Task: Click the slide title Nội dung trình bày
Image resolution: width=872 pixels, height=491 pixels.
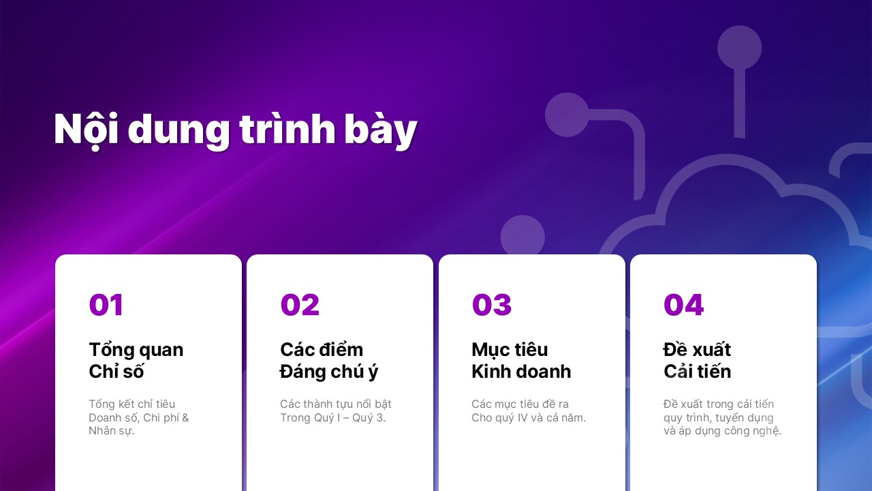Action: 236,130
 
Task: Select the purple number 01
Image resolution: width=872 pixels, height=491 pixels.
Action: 106,304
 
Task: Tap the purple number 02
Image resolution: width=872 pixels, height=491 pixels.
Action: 300,304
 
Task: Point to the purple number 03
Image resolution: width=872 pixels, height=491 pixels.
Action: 491,304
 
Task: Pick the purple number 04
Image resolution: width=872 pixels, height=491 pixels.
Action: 683,304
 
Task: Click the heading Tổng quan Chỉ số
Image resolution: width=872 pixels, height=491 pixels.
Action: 136,361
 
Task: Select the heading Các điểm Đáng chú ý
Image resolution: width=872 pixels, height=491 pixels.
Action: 329,361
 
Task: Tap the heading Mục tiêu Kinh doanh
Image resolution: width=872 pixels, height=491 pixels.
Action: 521,361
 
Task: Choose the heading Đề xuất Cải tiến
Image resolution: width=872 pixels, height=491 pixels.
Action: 697,361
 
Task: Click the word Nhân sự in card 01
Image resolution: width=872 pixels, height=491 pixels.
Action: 111,431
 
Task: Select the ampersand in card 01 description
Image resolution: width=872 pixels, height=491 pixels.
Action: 185,418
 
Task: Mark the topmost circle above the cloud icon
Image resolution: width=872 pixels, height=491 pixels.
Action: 739,48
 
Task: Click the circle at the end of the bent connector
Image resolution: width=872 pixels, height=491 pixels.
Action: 567,115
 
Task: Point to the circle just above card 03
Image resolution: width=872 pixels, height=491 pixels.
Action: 523,236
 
